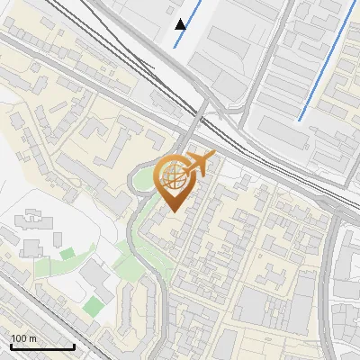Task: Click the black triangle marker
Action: coord(181,23)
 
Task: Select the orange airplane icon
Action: coord(199,164)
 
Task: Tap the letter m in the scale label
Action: coord(33,338)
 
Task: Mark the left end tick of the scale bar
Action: coord(10,345)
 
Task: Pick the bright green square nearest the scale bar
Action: coord(94,306)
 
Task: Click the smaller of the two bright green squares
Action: coord(67,254)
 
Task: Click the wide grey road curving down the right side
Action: coord(335,270)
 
